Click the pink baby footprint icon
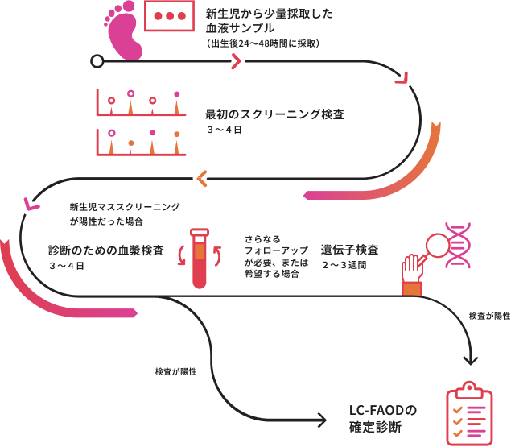(x=122, y=34)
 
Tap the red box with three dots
(x=169, y=17)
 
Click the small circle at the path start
(x=97, y=60)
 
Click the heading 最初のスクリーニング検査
(x=274, y=114)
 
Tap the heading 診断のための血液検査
(x=105, y=250)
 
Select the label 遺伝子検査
(x=350, y=249)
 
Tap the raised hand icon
(x=412, y=273)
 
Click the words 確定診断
(x=375, y=427)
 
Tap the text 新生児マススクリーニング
(x=125, y=207)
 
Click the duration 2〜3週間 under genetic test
(x=344, y=264)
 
